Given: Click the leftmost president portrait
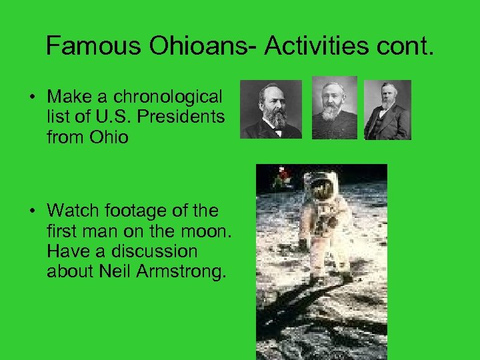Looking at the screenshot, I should point(271,109).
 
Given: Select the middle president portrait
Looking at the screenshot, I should point(334,108).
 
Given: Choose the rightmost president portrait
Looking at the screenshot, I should point(387,110).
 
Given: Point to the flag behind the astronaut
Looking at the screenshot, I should point(283,176).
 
